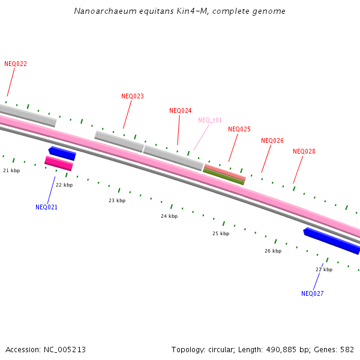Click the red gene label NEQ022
(16, 64)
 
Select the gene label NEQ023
(133, 96)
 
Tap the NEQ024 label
(181, 110)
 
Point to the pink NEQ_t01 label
(210, 120)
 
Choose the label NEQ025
(239, 129)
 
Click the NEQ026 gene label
(272, 140)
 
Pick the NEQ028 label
(304, 151)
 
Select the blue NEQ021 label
(47, 207)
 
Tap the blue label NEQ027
(313, 293)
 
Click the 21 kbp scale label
(11, 170)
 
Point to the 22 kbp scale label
(64, 185)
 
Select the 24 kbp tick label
(169, 216)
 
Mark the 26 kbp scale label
(273, 251)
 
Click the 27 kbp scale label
(324, 269)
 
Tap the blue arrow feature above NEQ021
(62, 153)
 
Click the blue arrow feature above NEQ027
(332, 240)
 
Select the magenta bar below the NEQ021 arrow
(59, 163)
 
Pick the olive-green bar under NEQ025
(224, 176)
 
